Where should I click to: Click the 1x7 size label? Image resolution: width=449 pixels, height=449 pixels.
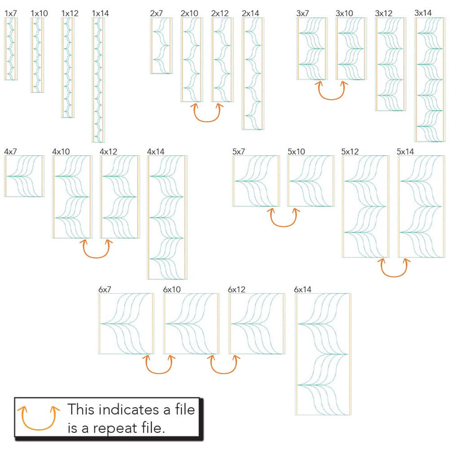[x=11, y=13]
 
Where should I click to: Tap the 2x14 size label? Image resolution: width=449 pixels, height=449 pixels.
[x=250, y=13]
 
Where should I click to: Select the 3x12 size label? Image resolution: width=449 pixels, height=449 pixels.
[x=384, y=13]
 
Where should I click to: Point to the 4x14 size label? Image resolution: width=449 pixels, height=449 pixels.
[x=156, y=152]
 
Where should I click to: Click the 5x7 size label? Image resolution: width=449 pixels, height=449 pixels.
[x=238, y=152]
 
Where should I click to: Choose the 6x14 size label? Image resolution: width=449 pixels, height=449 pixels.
[x=302, y=289]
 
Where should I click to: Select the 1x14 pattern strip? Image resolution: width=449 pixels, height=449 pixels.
[x=99, y=79]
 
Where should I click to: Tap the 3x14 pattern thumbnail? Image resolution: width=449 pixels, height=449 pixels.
[x=430, y=79]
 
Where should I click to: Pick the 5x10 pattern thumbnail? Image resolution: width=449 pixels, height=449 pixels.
[x=311, y=181]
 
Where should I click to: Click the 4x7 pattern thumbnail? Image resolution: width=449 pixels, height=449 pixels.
[x=24, y=176]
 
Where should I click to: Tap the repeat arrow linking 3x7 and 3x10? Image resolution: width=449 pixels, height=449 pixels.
[x=332, y=91]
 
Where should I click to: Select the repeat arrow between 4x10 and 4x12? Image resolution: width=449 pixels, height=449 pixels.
[x=96, y=249]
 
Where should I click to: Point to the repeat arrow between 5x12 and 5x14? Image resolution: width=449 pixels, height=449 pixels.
[x=396, y=268]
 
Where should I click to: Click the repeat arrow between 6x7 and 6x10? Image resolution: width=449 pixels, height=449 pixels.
[x=159, y=365]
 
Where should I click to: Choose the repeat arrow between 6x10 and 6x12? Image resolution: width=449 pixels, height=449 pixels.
[x=223, y=365]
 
